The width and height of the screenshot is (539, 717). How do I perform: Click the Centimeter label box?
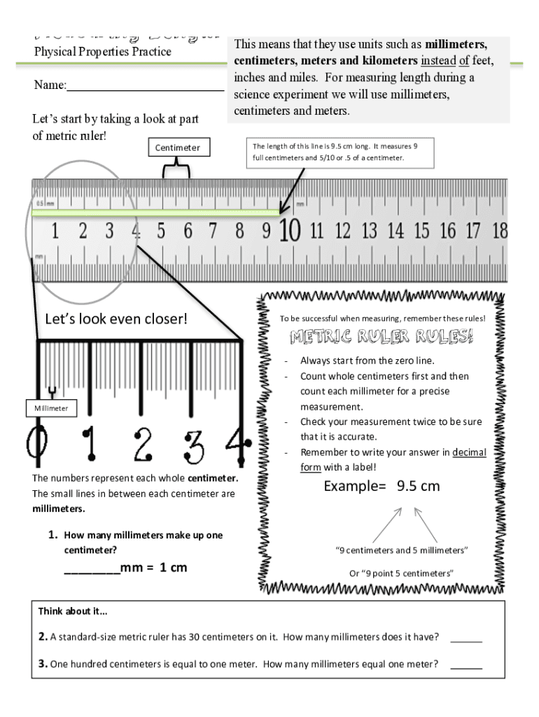pyautogui.click(x=177, y=148)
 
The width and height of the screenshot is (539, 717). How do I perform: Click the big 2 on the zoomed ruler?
pyautogui.click(x=143, y=443)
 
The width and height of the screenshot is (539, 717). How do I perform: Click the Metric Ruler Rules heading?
pyautogui.click(x=381, y=337)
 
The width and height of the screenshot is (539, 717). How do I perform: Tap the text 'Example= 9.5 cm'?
pyautogui.click(x=381, y=486)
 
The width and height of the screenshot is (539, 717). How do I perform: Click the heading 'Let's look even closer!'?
pyautogui.click(x=116, y=319)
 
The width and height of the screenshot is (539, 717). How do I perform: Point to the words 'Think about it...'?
pyautogui.click(x=73, y=611)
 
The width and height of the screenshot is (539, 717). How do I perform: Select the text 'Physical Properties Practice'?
pyautogui.click(x=102, y=52)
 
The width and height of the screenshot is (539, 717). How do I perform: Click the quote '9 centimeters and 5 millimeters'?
pyautogui.click(x=402, y=550)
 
